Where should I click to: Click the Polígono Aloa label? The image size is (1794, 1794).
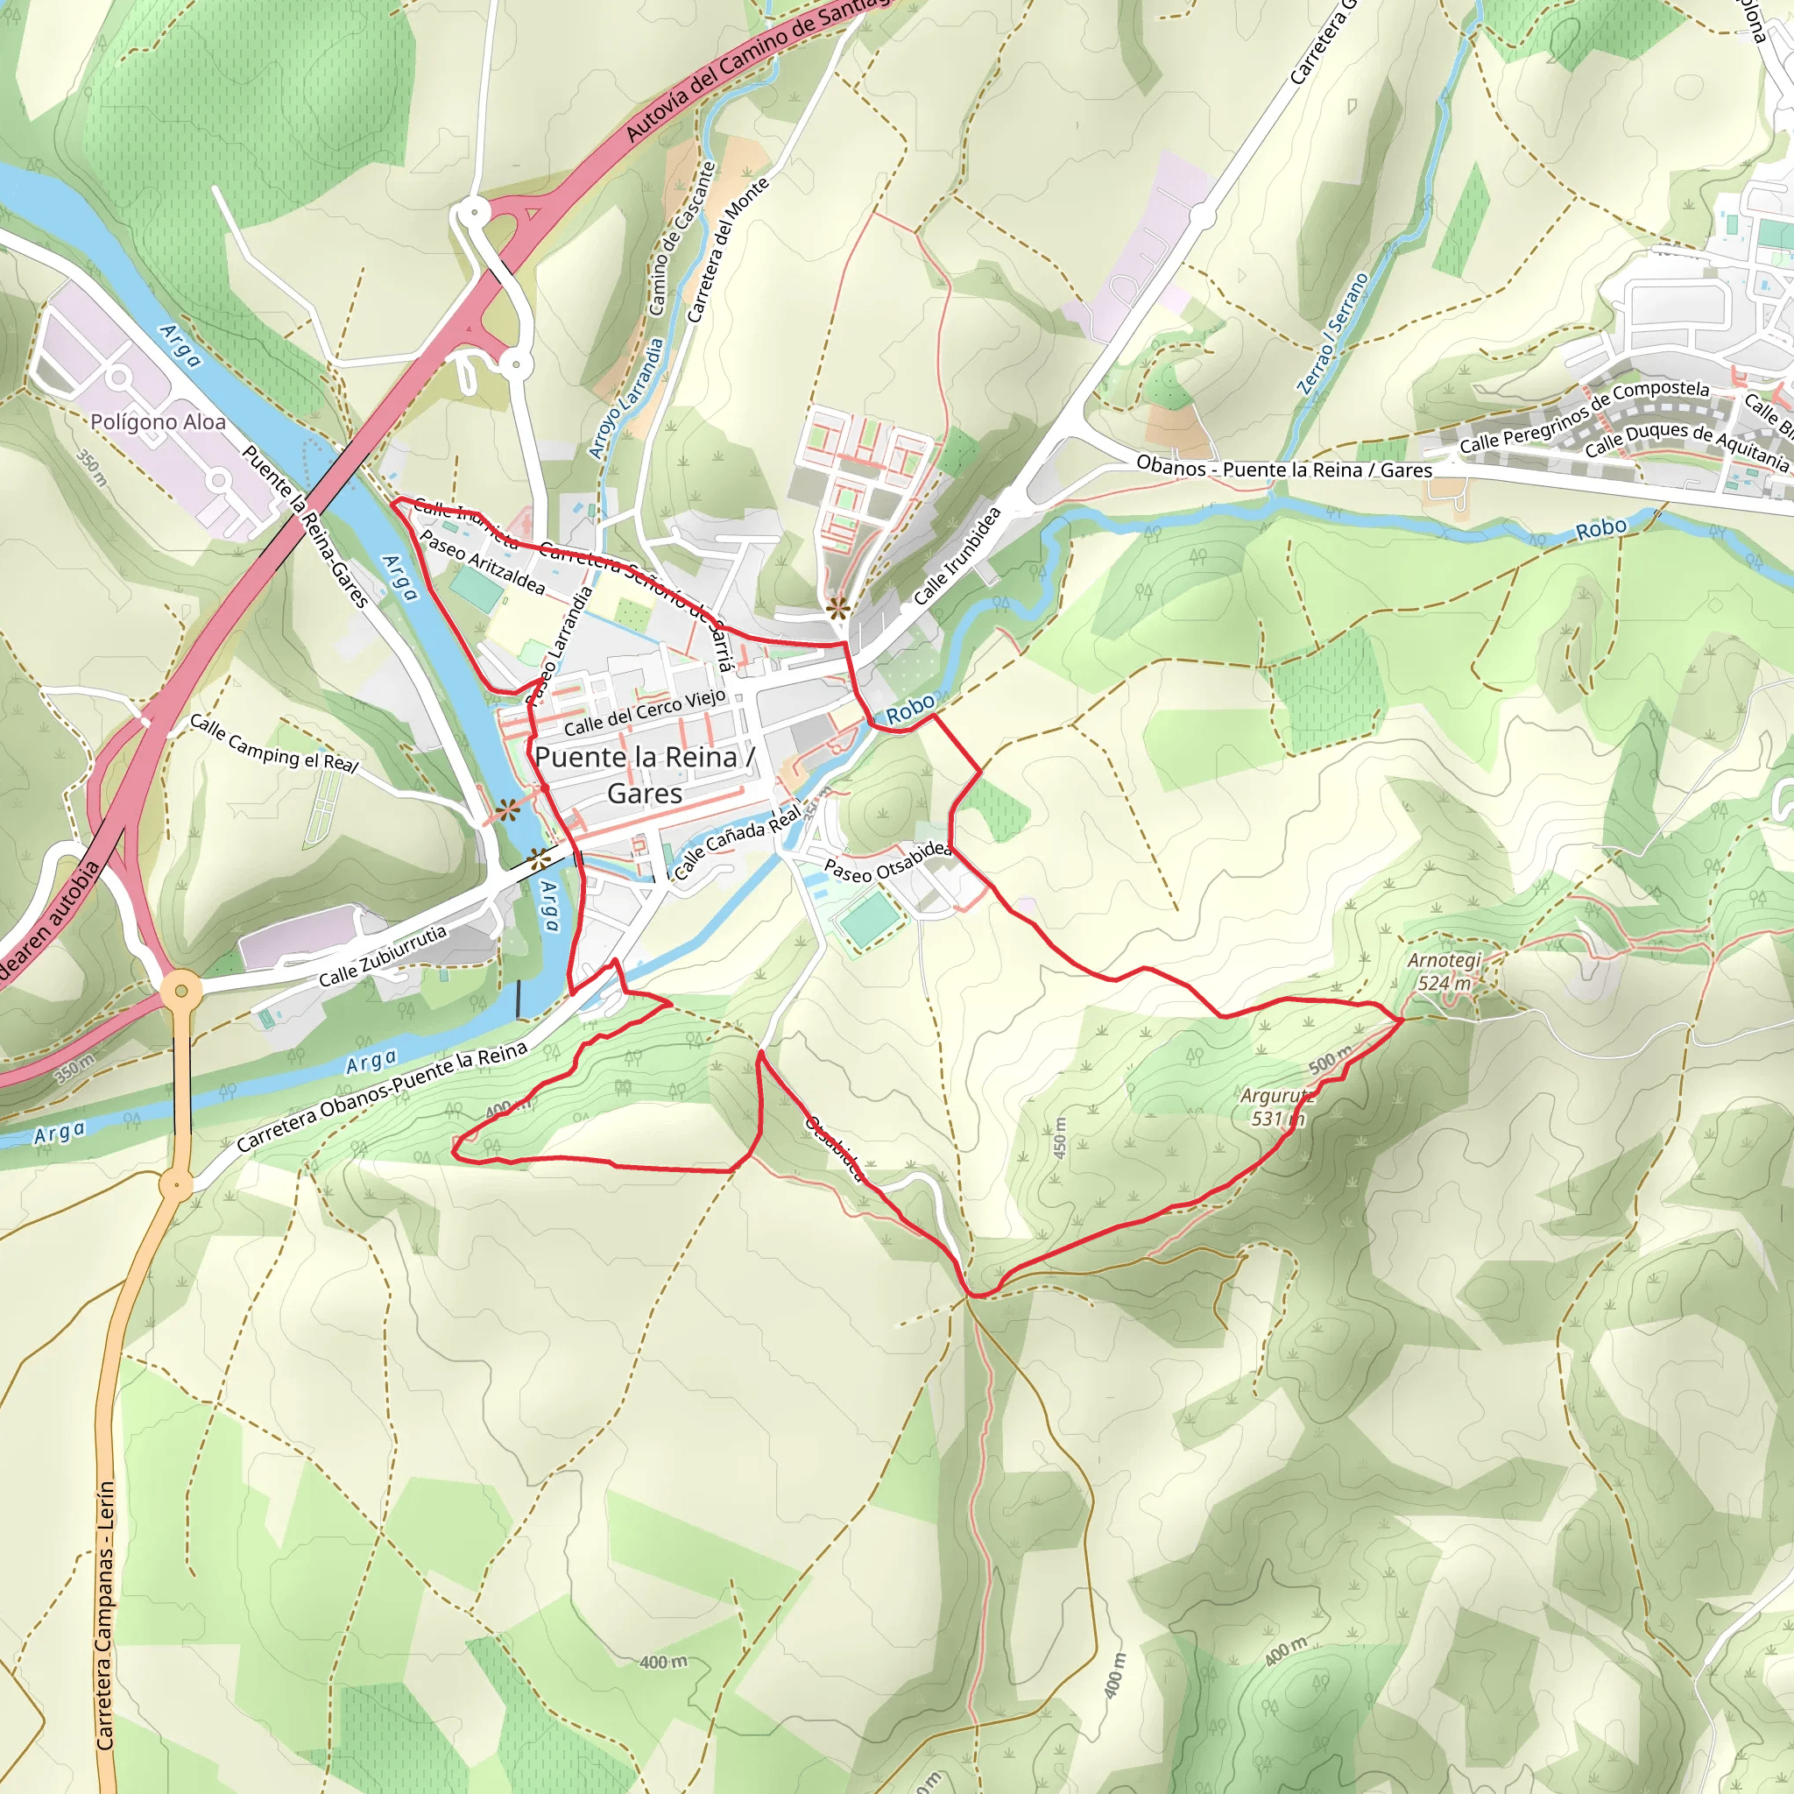click(x=158, y=422)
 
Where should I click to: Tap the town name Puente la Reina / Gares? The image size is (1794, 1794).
click(x=646, y=774)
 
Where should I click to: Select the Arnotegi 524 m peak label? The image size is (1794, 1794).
click(x=1444, y=971)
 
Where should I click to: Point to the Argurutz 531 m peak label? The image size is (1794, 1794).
click(x=1278, y=1107)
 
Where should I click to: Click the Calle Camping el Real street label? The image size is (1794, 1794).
click(x=274, y=743)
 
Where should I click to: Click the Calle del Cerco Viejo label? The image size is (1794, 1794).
click(x=645, y=713)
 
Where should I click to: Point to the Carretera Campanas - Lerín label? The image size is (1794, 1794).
click(x=105, y=1615)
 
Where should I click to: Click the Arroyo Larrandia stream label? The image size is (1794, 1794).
click(x=627, y=398)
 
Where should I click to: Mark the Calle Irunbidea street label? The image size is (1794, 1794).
click(x=957, y=555)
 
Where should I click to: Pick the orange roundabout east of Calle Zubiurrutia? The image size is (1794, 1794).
click(x=181, y=991)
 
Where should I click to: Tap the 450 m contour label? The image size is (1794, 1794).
click(x=1060, y=1136)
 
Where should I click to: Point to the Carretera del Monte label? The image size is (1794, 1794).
click(x=728, y=249)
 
